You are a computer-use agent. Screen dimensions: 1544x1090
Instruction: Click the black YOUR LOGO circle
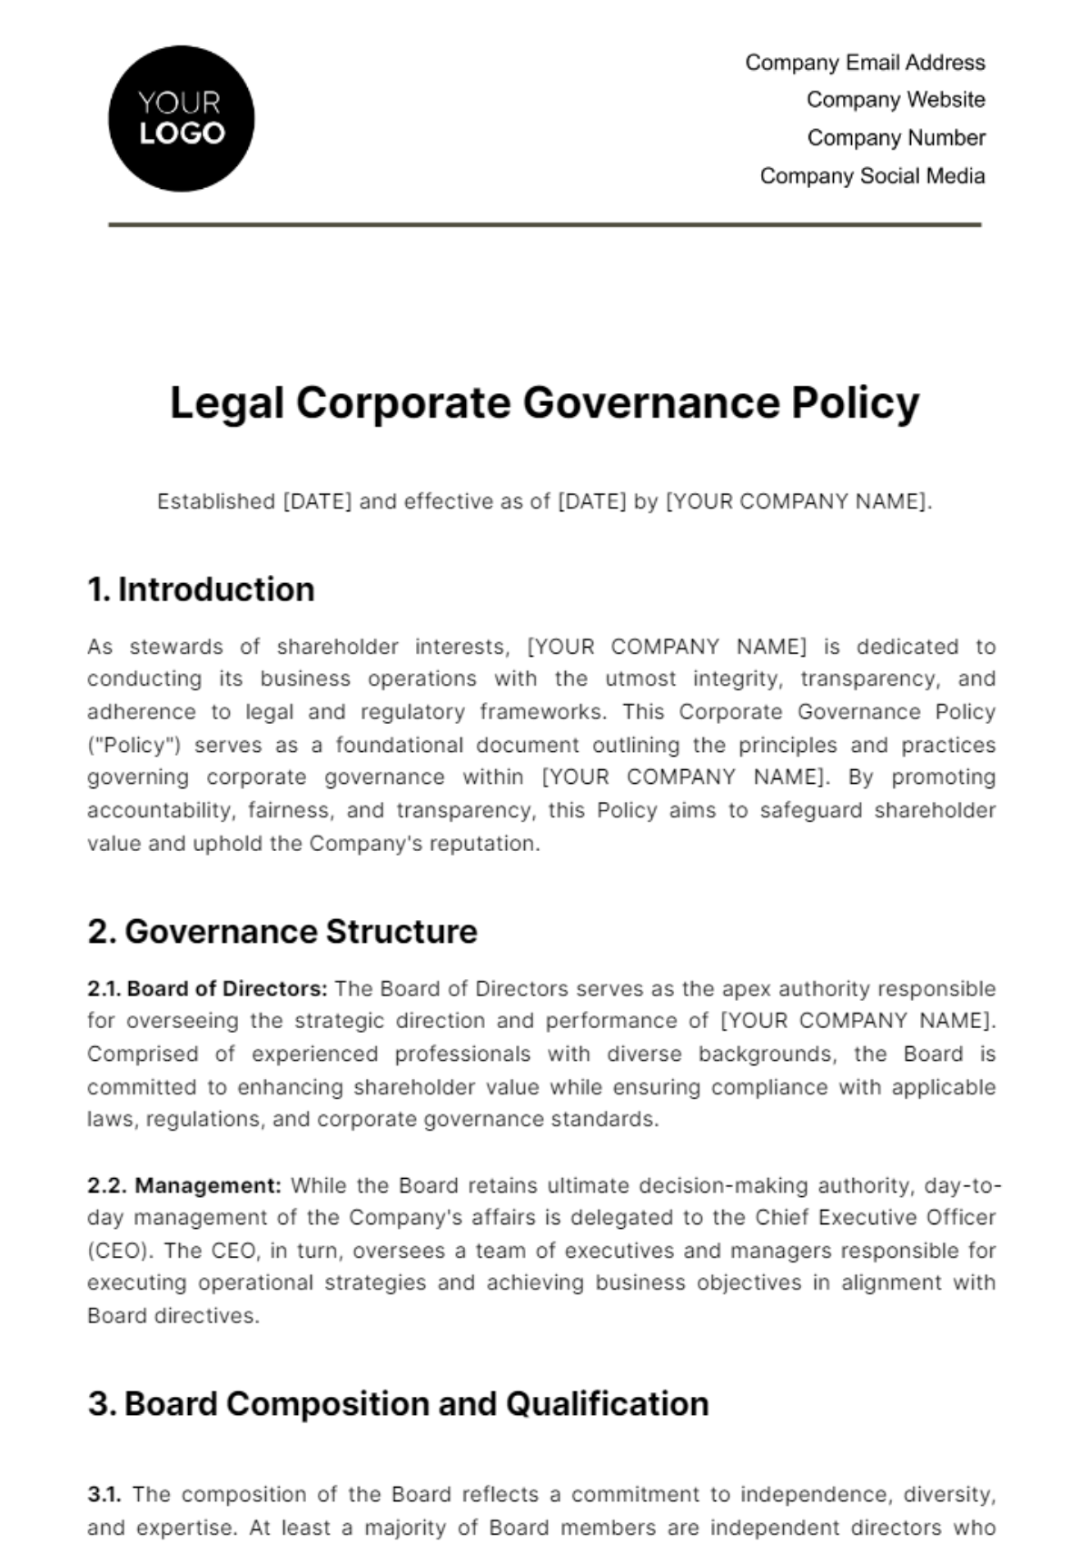click(181, 119)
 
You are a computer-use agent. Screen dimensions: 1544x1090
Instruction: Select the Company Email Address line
click(865, 63)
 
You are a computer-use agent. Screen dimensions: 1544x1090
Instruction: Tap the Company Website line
click(896, 100)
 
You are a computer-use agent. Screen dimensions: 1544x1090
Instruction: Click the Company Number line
click(896, 138)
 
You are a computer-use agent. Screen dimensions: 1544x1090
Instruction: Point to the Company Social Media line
click(872, 176)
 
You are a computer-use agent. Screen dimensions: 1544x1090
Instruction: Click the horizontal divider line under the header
click(545, 224)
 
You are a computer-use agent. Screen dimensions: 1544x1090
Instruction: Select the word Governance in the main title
click(650, 402)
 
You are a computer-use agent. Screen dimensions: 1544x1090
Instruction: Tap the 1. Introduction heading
click(201, 589)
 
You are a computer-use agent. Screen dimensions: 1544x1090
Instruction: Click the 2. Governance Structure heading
click(282, 932)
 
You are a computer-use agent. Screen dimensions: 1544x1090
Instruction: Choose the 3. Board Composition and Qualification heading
click(398, 1404)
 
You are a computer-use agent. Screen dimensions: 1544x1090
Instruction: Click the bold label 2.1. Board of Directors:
click(207, 989)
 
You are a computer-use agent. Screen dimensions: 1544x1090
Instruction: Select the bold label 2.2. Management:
click(184, 1186)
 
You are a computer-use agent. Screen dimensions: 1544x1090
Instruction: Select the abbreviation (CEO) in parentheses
click(119, 1252)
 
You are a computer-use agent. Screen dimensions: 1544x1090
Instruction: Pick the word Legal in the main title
click(227, 402)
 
